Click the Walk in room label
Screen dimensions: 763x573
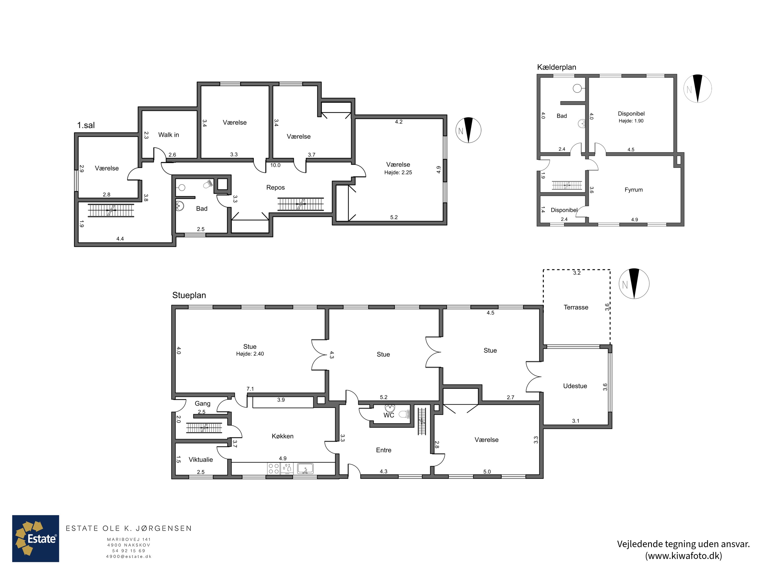tap(169, 135)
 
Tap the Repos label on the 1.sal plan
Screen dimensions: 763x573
tap(275, 187)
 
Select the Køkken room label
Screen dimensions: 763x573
tap(283, 436)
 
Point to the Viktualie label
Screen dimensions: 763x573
tap(201, 460)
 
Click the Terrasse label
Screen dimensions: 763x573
tap(576, 307)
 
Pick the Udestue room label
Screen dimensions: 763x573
tap(575, 386)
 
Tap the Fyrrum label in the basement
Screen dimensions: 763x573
tap(634, 190)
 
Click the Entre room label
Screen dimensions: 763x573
tap(384, 450)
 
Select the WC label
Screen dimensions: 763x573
tap(389, 415)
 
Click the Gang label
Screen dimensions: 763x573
tap(202, 403)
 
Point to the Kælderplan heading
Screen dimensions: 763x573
tap(557, 67)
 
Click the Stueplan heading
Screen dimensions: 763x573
tap(189, 295)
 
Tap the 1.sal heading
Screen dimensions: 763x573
tap(86, 125)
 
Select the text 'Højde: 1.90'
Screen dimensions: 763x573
tap(631, 121)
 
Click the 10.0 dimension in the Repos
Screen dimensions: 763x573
tap(275, 165)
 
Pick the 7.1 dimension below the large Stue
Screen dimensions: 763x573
tap(250, 389)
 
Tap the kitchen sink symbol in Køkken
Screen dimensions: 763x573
tap(305, 469)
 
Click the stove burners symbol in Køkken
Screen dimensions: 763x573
tap(273, 469)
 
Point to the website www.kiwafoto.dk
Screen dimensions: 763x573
tap(684, 556)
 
